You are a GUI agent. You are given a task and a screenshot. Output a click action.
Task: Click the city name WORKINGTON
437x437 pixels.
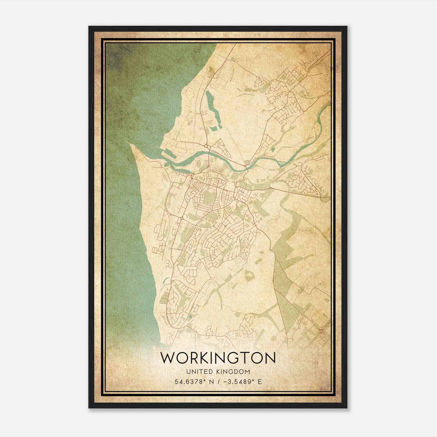point(218,358)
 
